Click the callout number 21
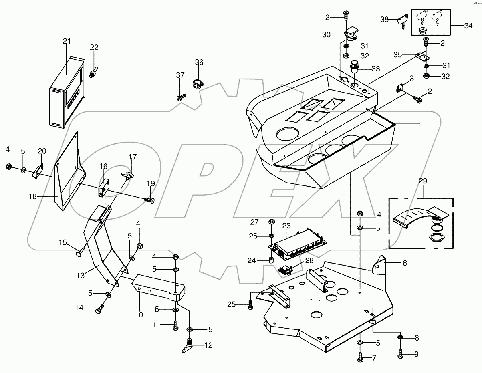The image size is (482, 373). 66,41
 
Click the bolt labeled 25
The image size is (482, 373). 250,305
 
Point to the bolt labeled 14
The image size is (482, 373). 99,308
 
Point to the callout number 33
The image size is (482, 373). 375,69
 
